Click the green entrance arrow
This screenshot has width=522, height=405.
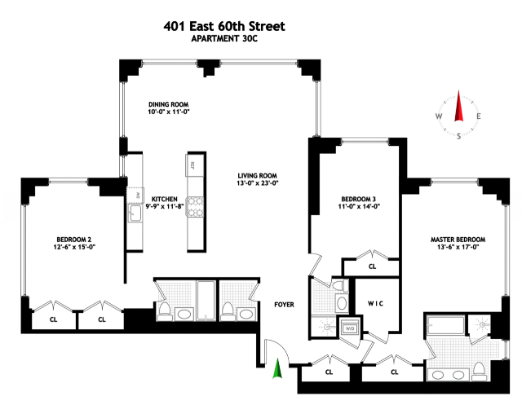click(x=277, y=368)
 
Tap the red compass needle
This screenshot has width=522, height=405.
click(x=459, y=106)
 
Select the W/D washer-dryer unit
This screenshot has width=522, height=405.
click(x=349, y=328)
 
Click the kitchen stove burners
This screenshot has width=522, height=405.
click(x=196, y=207)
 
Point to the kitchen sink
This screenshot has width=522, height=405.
click(x=135, y=213)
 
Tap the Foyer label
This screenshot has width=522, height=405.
click(x=285, y=305)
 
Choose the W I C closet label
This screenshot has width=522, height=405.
click(x=375, y=304)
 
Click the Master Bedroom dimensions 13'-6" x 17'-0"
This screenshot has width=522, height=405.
click(x=458, y=247)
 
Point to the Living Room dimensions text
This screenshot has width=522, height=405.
click(x=258, y=183)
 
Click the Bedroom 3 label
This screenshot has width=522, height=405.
click(x=359, y=199)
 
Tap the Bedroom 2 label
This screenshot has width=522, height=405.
click(x=74, y=240)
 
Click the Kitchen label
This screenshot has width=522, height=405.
click(x=165, y=199)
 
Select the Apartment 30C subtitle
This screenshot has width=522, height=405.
click(x=224, y=39)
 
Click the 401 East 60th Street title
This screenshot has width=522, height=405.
click(x=224, y=26)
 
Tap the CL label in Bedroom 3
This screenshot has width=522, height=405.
click(x=372, y=266)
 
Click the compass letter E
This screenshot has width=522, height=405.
click(x=479, y=117)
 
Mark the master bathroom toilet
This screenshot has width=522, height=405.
click(x=479, y=371)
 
